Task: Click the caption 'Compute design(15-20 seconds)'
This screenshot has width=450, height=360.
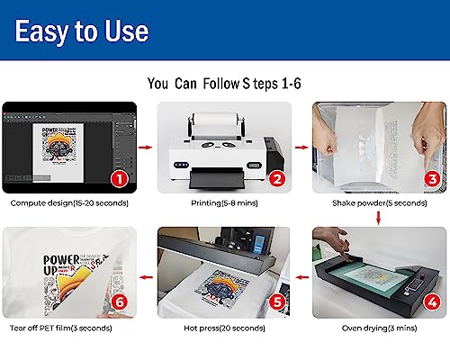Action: pyautogui.click(x=69, y=203)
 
